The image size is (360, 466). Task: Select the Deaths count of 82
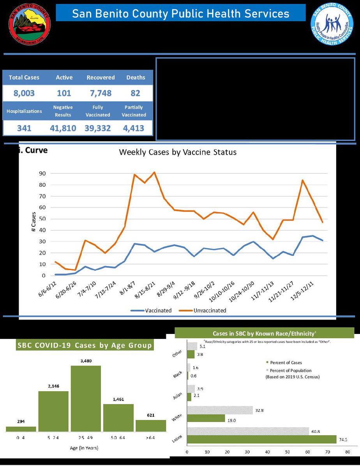[136, 94]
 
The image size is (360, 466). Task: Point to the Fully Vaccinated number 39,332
[98, 128]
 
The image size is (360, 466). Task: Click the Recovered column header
[101, 78]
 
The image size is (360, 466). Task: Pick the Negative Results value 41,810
[63, 128]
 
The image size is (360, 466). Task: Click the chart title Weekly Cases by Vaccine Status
[177, 152]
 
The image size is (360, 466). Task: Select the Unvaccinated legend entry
[203, 311]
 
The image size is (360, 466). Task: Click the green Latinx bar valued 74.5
[262, 439]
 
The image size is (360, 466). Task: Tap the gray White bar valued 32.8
[220, 410]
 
